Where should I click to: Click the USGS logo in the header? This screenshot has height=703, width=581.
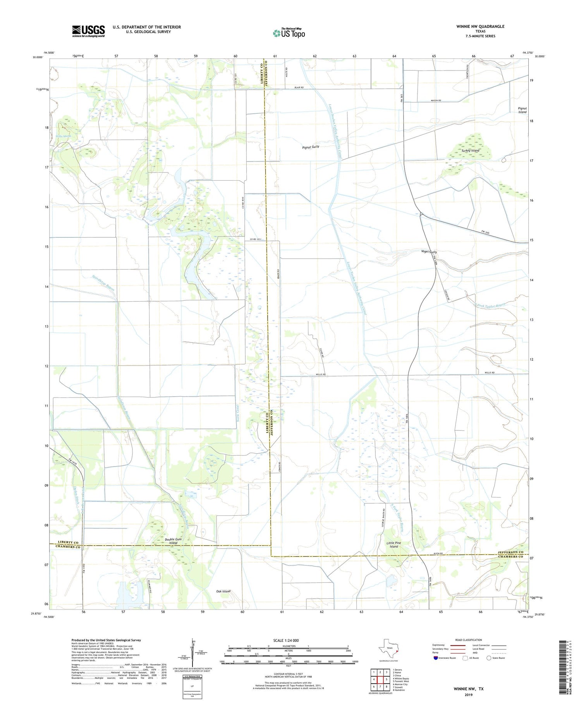click(88, 31)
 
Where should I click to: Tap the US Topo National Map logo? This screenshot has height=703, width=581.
click(289, 33)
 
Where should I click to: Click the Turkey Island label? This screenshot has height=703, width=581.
click(470, 150)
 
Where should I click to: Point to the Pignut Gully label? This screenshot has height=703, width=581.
click(311, 147)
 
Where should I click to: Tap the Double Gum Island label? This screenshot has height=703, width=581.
click(173, 541)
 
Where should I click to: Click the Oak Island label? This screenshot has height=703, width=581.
click(223, 591)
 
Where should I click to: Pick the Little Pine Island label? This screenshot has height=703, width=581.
click(394, 544)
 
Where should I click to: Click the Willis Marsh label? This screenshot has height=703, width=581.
click(64, 136)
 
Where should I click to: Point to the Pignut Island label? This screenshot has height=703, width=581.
click(522, 110)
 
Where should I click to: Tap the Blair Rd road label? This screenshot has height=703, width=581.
click(299, 88)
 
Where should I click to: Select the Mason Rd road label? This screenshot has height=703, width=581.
click(436, 100)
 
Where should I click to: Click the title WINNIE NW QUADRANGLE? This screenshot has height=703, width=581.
click(480, 26)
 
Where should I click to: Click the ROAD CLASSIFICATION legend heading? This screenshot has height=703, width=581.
click(468, 640)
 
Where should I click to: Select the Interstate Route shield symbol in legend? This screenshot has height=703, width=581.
click(436, 658)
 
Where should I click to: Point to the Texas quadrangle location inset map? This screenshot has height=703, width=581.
click(388, 650)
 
